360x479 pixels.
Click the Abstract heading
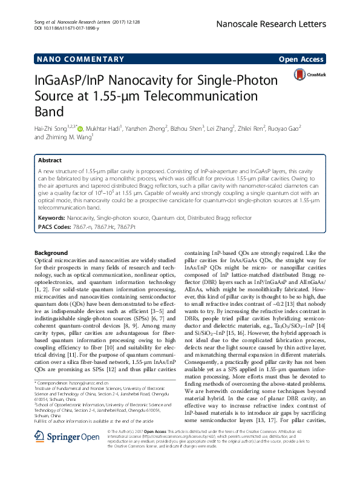50,160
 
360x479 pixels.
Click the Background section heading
51,253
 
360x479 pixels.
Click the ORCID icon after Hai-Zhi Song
82,128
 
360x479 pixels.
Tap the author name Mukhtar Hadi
105,128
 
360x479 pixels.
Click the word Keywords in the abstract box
51,217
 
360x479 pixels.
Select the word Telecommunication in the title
208,96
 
